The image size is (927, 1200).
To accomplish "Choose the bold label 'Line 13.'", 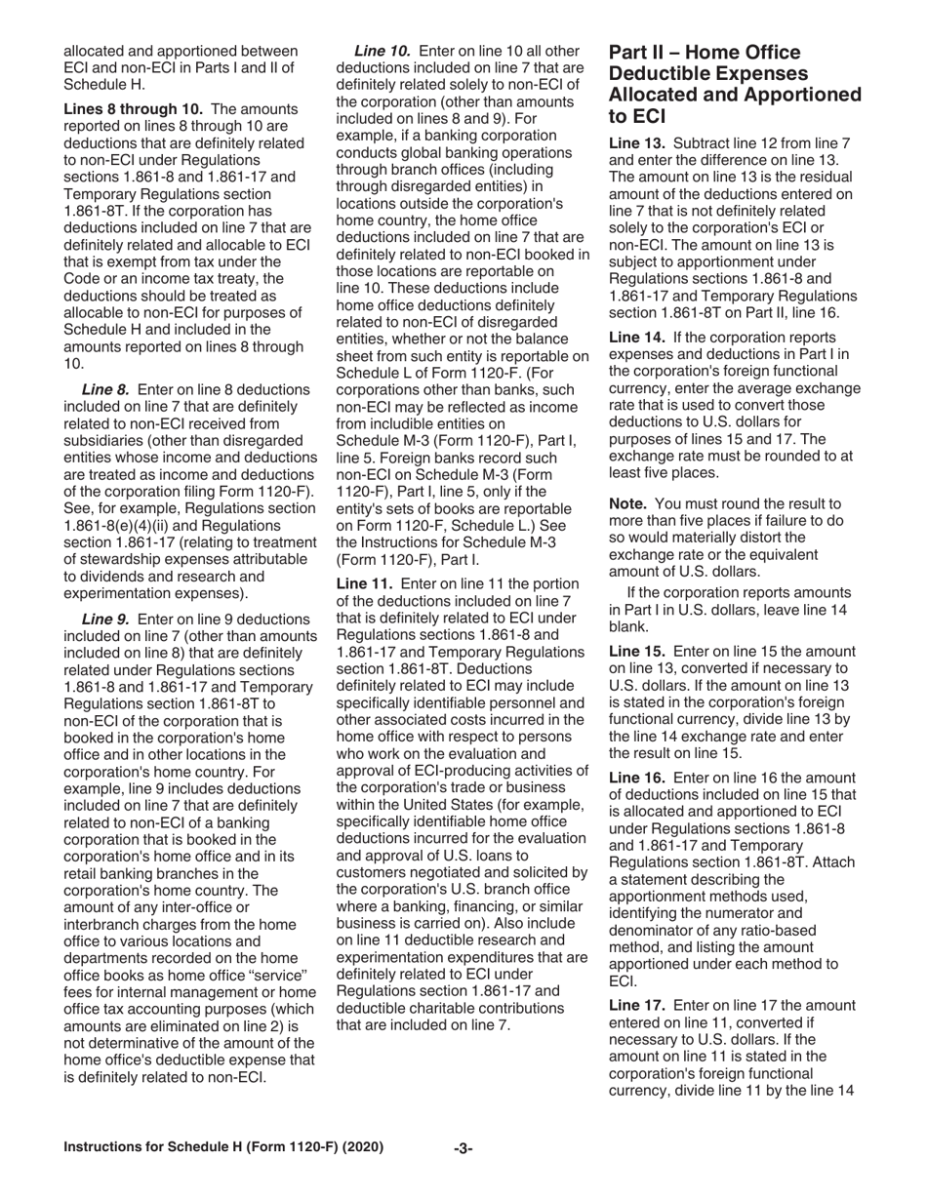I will tap(638, 142).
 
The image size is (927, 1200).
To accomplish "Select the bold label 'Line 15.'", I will tap(638, 650).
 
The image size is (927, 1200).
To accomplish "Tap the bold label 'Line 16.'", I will tap(638, 778).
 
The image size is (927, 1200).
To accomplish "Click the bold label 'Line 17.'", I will tap(638, 1005).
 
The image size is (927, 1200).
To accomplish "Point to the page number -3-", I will tap(463, 1148).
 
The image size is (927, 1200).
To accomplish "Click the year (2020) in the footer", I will tap(360, 1147).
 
